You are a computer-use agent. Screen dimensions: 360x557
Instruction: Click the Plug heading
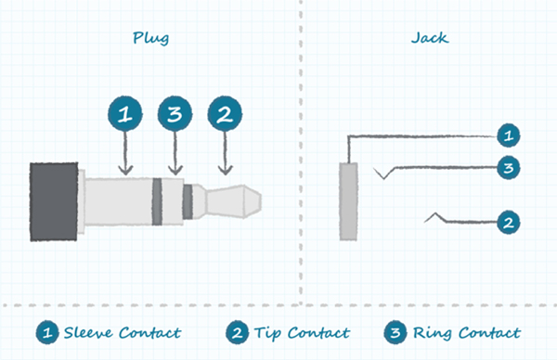(x=151, y=39)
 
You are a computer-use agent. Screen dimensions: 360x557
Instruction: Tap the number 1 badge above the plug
(x=125, y=115)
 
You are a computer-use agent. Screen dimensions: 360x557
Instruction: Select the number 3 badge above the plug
(x=174, y=115)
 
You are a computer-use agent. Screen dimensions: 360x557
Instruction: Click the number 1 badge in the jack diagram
(x=507, y=135)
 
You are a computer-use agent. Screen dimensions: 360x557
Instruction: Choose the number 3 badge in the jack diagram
(x=507, y=168)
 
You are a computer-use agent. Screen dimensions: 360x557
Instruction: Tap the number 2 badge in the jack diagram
(x=507, y=222)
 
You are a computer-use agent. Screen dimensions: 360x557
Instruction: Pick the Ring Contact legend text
(x=464, y=332)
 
